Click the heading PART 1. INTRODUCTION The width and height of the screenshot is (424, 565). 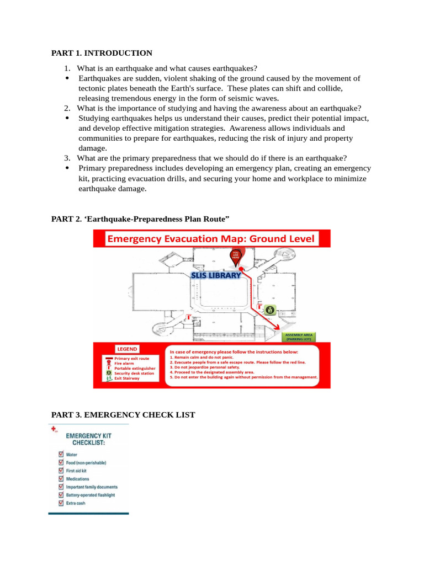[102, 53]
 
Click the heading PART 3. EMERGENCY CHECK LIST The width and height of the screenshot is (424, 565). [123, 414]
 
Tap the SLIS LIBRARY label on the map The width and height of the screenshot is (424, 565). [216, 275]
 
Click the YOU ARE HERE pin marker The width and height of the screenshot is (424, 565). [236, 257]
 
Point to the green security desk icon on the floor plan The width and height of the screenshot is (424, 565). [269, 310]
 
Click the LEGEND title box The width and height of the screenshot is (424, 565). [126, 349]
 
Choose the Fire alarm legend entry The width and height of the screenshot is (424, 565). [125, 363]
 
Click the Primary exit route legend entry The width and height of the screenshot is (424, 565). [131, 358]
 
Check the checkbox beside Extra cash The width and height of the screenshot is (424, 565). [61, 503]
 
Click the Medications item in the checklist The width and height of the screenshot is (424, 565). [77, 479]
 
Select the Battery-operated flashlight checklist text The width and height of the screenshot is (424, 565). [91, 495]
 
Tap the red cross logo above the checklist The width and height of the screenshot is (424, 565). [53, 429]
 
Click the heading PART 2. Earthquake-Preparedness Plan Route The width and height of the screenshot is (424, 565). [140, 219]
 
